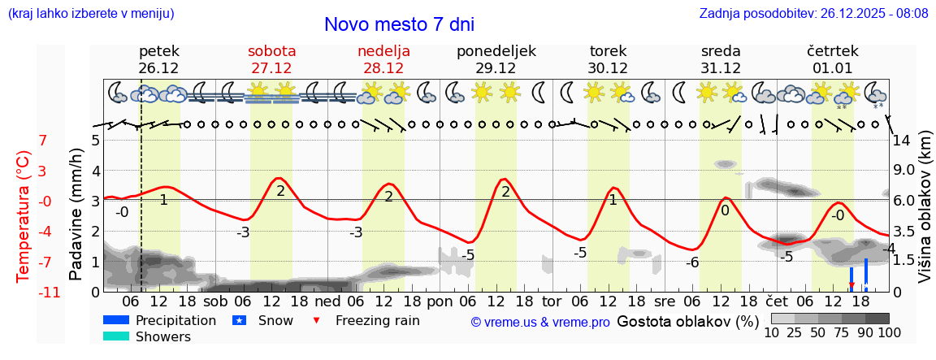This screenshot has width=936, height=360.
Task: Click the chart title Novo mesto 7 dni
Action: [399, 24]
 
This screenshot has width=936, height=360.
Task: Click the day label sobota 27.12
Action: [271, 59]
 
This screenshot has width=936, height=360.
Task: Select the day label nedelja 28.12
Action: [383, 59]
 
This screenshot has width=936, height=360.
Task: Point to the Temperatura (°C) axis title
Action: [24, 216]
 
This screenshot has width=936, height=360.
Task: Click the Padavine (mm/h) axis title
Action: [76, 215]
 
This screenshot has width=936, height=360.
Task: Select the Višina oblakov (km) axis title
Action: [925, 219]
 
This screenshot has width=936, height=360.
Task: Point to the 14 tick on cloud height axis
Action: [903, 140]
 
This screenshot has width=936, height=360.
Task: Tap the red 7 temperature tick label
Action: [43, 140]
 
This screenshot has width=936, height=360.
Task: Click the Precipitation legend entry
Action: [175, 320]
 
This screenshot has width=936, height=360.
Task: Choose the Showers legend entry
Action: [163, 336]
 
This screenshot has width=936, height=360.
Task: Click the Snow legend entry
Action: [275, 320]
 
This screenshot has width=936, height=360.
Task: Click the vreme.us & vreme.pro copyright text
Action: [539, 323]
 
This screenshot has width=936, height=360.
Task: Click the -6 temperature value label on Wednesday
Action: [692, 262]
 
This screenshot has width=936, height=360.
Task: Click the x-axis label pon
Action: [440, 301]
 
